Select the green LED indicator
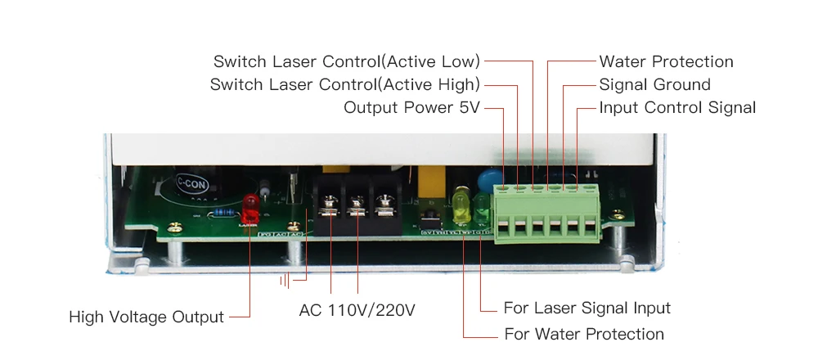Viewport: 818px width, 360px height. pos(480,205)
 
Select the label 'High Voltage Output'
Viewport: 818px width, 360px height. pos(146,317)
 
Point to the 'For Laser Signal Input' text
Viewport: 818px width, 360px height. pos(587,308)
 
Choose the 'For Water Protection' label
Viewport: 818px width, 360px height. pos(583,334)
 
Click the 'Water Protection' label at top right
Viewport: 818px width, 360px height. pos(666,61)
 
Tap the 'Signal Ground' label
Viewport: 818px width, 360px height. pos(654,84)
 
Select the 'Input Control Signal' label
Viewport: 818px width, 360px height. pos(677,107)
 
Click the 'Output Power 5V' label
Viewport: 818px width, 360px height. pos(411,107)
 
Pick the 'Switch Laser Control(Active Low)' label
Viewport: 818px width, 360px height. pos(347,61)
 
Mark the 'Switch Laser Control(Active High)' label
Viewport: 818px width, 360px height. pos(345,84)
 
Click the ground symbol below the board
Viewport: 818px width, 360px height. pos(285,281)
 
